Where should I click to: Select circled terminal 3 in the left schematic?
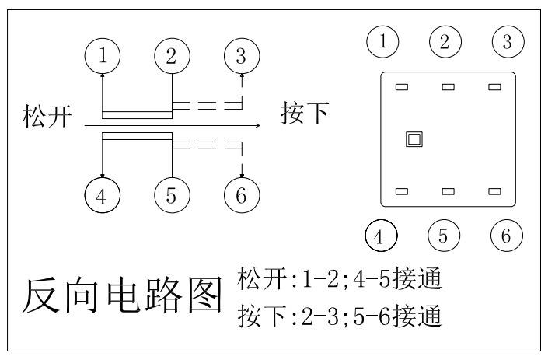click(241, 55)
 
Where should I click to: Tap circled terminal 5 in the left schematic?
click(172, 194)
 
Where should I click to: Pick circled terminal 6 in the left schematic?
click(241, 194)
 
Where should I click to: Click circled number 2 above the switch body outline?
click(445, 41)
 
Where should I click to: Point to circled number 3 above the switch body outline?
click(507, 41)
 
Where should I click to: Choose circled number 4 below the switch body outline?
click(381, 236)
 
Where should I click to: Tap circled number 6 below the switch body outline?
click(507, 236)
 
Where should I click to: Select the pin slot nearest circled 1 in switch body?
click(402, 87)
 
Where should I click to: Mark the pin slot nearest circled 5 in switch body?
click(448, 191)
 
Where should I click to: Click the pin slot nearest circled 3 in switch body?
click(494, 87)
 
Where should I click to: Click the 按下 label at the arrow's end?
click(304, 115)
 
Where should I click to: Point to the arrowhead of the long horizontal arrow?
click(258, 124)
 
